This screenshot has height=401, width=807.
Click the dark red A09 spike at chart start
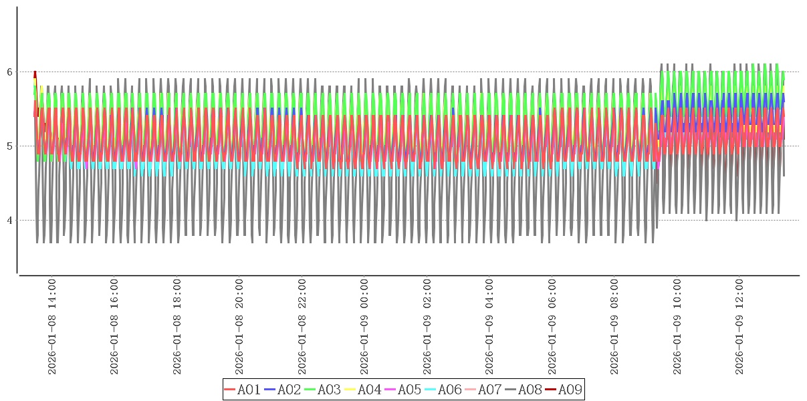coord(35,74)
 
